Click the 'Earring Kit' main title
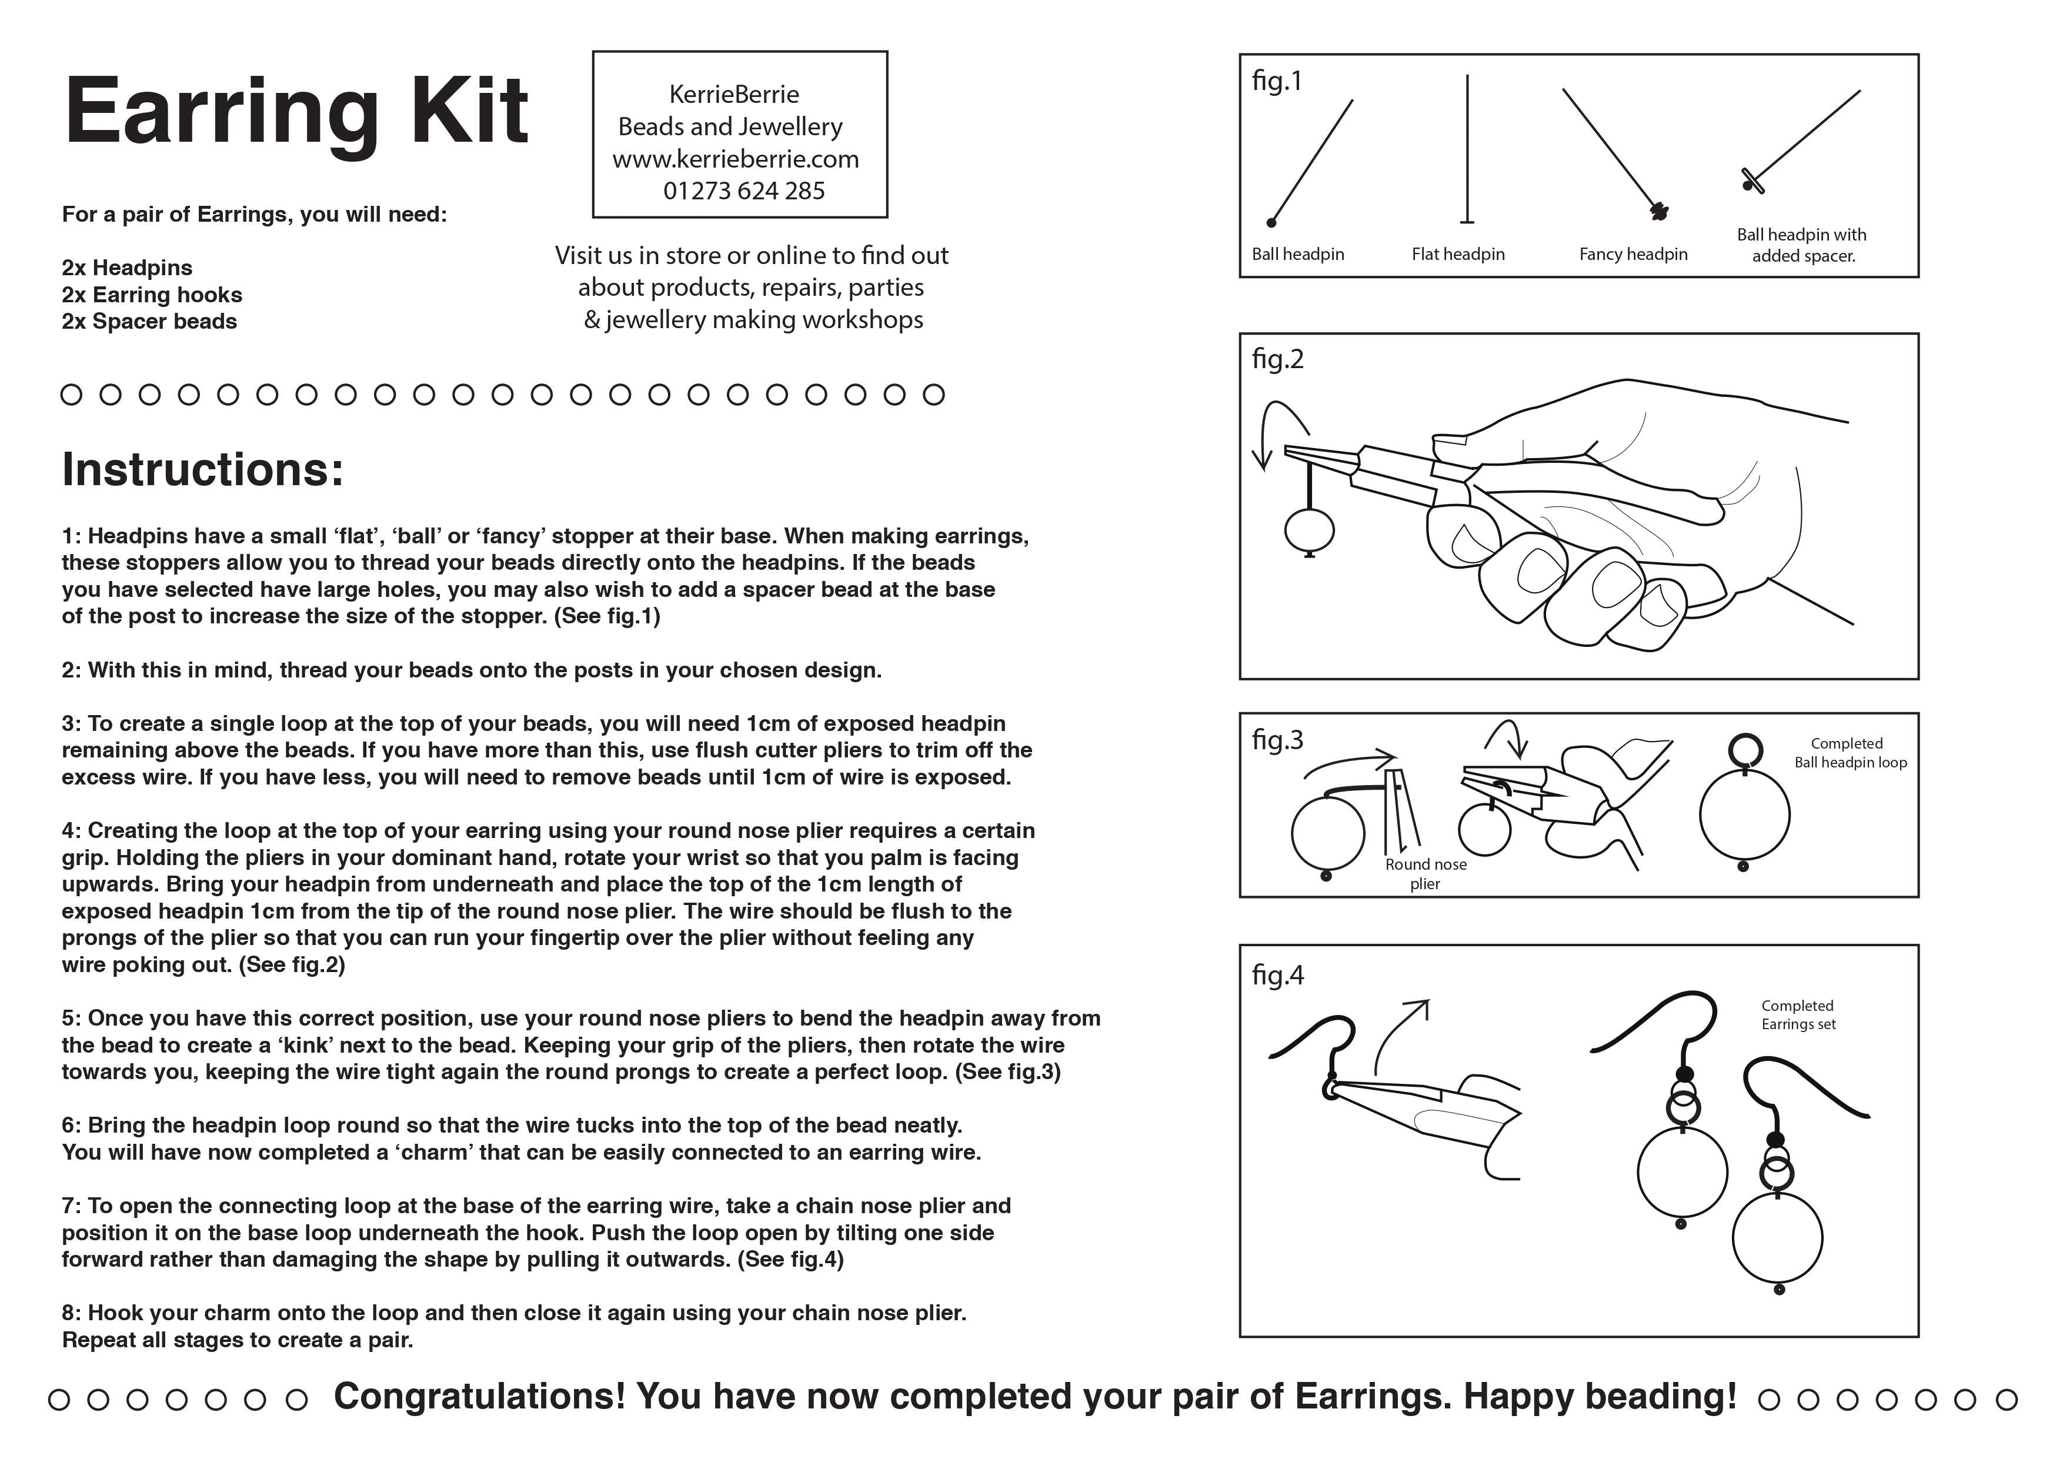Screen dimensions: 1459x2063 296,112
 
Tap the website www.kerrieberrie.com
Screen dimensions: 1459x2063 736,159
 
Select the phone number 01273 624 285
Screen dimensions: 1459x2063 743,191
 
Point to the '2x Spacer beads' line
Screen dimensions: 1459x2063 149,322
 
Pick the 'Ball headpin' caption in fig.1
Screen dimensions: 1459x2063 1297,254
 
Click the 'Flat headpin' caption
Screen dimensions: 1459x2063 1457,254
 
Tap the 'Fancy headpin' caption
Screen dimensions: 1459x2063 1633,254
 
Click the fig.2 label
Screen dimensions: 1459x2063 1277,359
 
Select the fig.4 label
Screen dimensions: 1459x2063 1277,975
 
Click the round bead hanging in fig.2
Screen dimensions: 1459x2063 1309,530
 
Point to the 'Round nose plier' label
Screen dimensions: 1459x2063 1425,873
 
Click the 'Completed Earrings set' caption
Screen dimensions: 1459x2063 1798,1014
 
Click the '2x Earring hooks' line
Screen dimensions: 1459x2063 152,295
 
